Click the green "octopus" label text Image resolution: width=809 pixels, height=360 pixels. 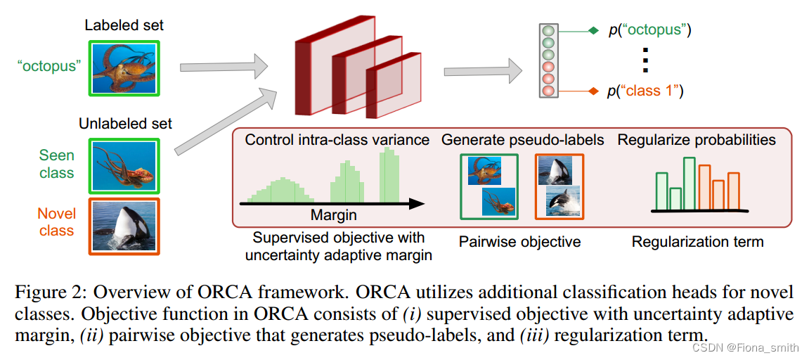[49, 66]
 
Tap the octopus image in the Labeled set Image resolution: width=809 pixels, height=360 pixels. [124, 67]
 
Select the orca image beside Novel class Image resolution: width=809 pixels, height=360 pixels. [124, 226]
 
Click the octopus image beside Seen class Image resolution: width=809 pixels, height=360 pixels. [124, 165]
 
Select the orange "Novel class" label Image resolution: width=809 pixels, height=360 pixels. [56, 221]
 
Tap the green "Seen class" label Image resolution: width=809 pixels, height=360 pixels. [56, 163]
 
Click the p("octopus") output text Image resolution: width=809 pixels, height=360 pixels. [649, 31]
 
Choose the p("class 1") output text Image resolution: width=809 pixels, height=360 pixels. [645, 91]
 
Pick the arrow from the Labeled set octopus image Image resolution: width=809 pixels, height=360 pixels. [224, 67]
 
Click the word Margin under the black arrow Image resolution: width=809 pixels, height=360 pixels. [334, 215]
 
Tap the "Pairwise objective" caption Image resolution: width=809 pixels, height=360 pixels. [519, 242]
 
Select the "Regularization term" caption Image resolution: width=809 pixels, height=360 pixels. [697, 242]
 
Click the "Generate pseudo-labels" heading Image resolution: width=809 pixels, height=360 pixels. [522, 140]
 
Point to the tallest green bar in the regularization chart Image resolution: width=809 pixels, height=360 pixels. [689, 184]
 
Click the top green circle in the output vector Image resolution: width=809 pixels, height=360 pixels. [548, 32]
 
